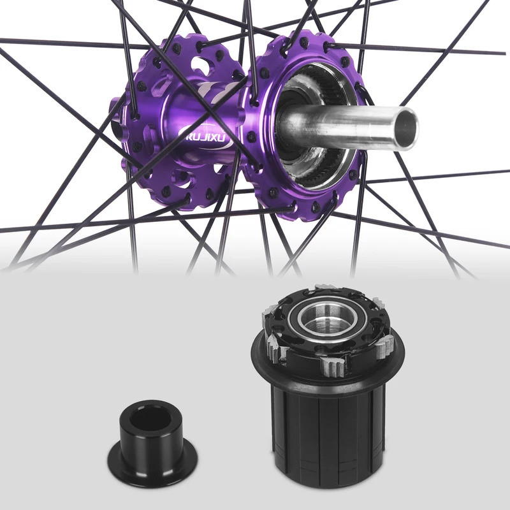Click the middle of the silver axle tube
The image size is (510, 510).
344,124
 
